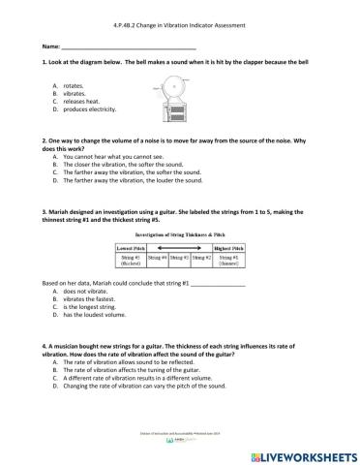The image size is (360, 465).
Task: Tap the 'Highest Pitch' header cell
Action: (227, 248)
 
